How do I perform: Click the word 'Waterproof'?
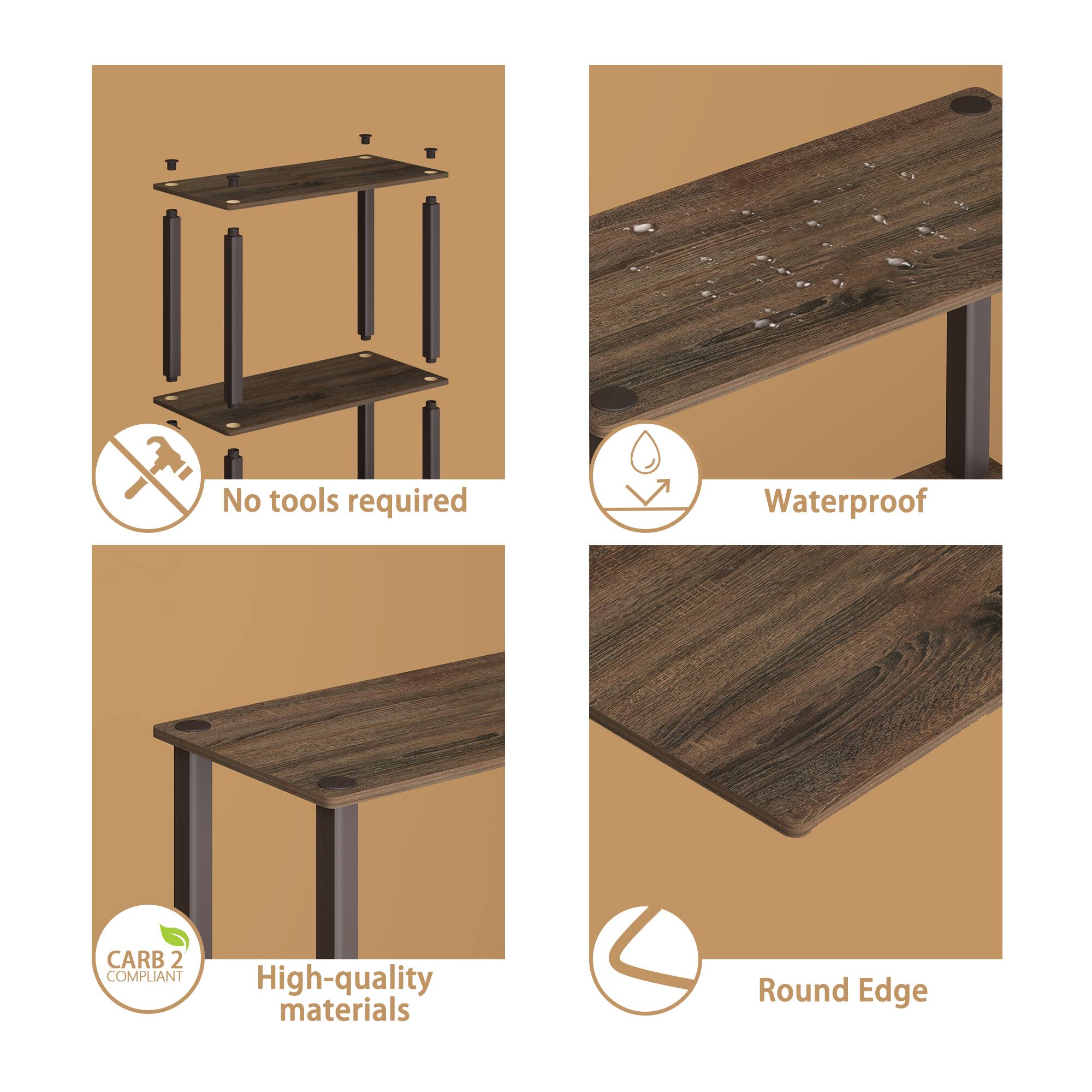845,501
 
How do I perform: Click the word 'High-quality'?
344,979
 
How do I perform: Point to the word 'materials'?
344,1011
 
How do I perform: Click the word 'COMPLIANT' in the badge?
145,977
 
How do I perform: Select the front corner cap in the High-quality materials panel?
336,783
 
